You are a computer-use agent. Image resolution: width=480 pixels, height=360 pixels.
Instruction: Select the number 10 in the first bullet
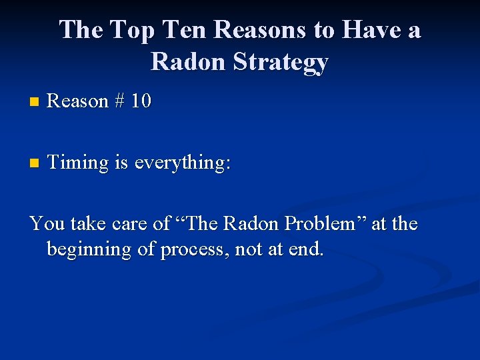point(141,101)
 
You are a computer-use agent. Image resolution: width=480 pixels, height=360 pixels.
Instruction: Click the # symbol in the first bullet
point(119,101)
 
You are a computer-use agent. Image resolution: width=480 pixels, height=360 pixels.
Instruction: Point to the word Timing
point(79,163)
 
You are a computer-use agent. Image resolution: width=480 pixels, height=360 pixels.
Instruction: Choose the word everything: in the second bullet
point(182,163)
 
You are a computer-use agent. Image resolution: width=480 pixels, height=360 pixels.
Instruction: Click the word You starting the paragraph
point(45,224)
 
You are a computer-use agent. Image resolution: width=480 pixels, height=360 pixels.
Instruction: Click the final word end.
point(307,251)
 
